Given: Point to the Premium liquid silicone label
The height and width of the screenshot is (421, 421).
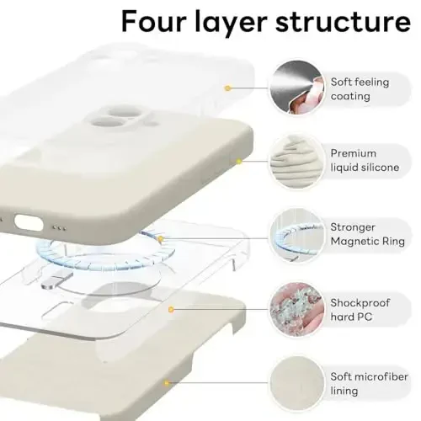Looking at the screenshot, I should tap(365, 161).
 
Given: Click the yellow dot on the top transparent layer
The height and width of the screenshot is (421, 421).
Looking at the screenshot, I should tap(227, 88).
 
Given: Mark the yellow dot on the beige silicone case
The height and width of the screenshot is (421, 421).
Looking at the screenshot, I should tap(239, 160).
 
